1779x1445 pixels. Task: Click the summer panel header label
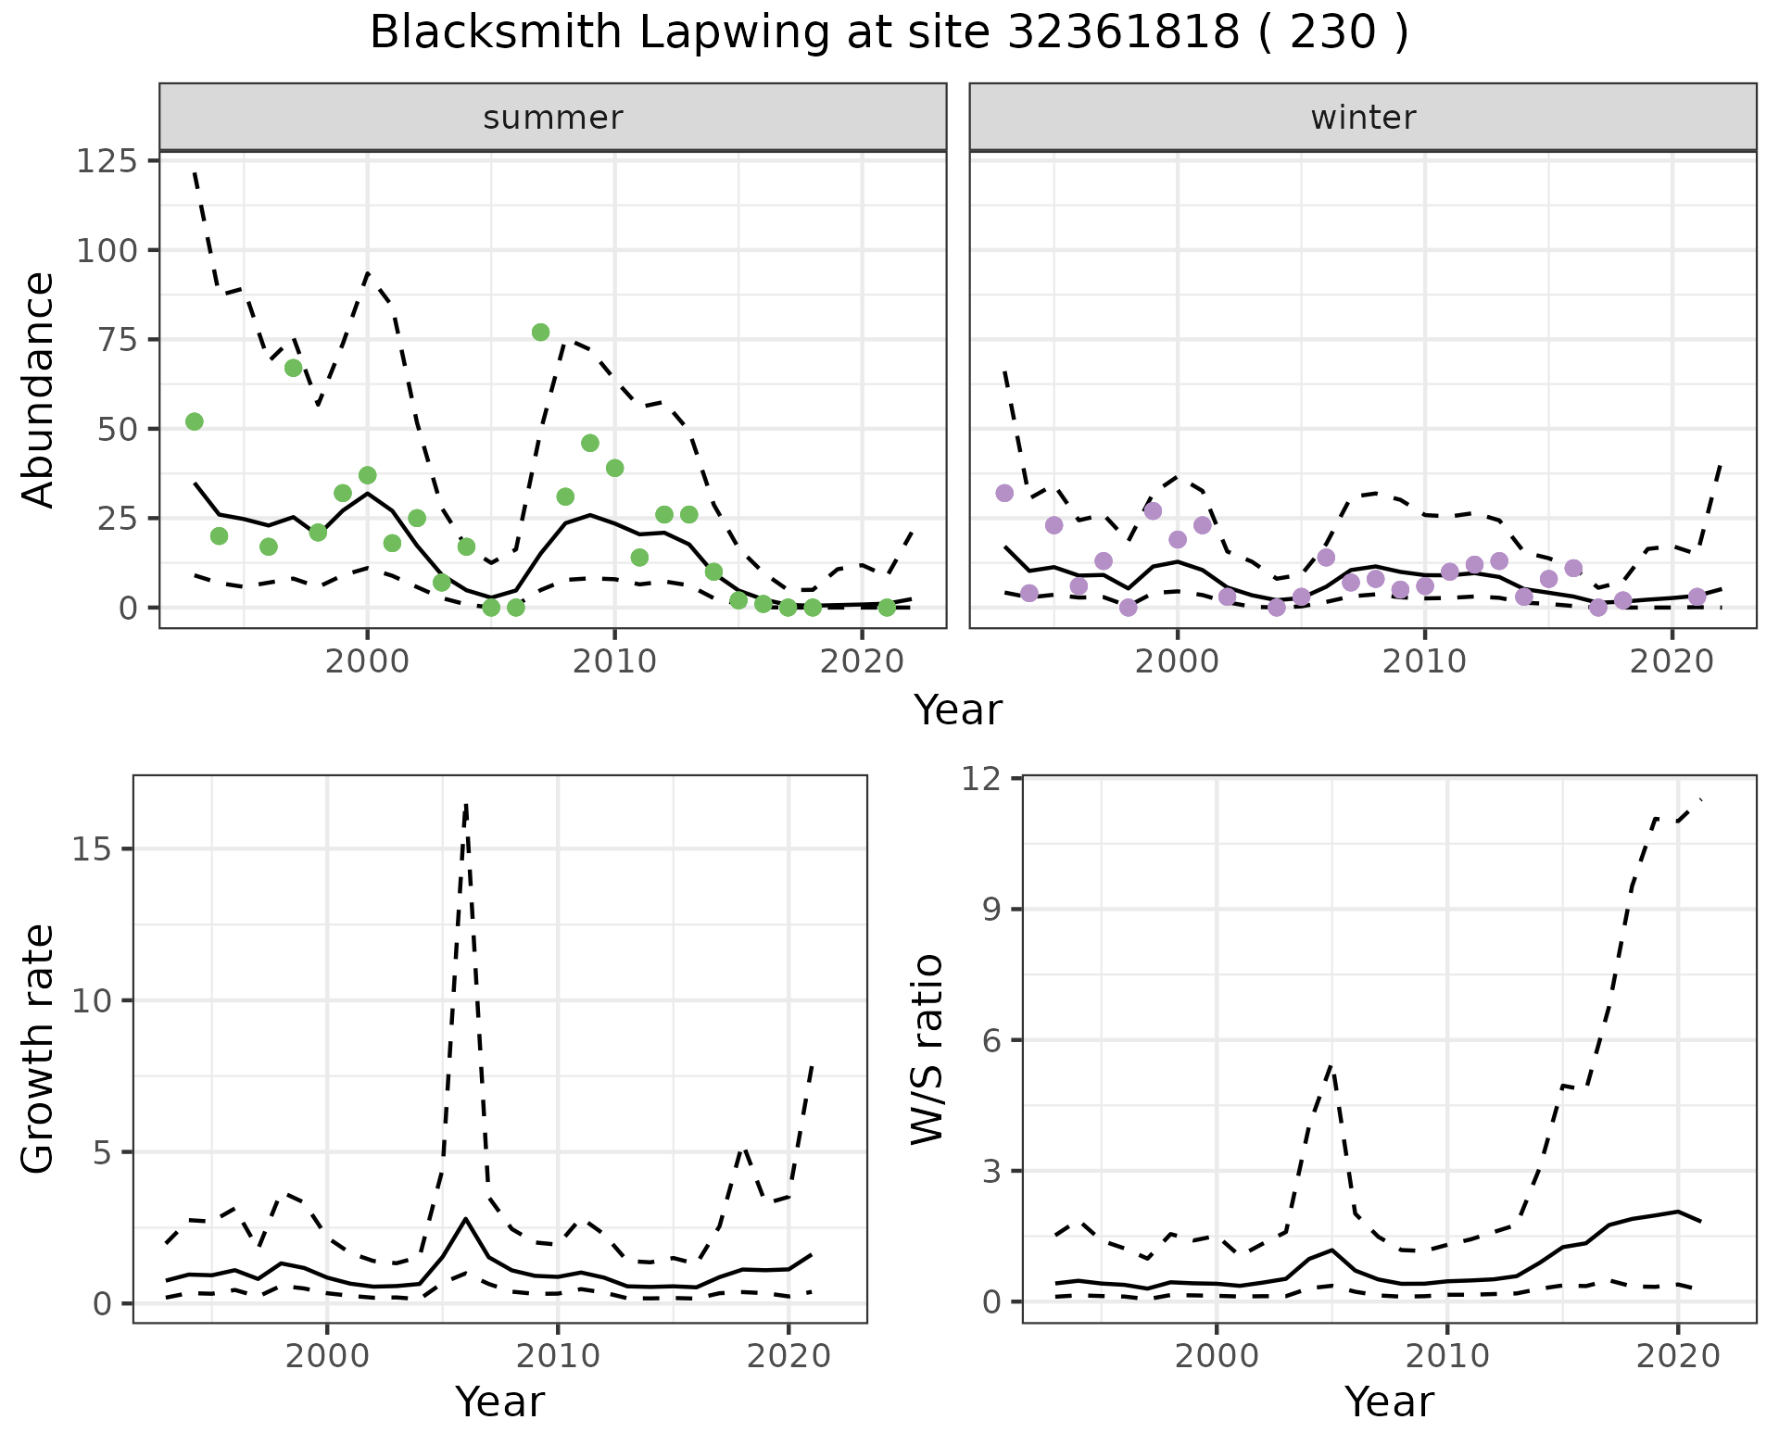click(553, 118)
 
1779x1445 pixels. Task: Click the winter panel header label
click(1363, 118)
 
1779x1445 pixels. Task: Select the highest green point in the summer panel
click(541, 333)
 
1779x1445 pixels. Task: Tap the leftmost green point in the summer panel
click(195, 421)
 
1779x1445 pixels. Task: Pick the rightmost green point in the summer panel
click(887, 608)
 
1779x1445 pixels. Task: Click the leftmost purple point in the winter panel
click(1004, 493)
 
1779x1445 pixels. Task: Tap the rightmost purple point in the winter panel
click(1697, 597)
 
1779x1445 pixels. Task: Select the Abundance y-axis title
click(39, 389)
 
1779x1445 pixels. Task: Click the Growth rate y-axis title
click(39, 1049)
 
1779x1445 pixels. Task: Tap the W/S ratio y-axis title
click(927, 1049)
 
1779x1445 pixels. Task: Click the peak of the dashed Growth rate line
click(466, 804)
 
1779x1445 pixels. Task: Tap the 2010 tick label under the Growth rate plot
click(557, 1357)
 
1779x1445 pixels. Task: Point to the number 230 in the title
click(1332, 33)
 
